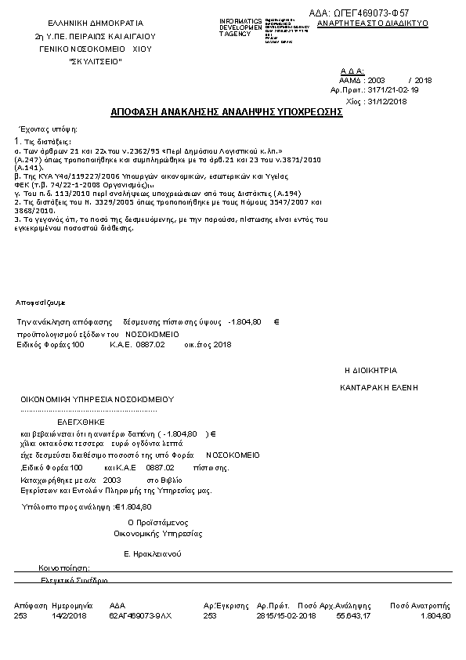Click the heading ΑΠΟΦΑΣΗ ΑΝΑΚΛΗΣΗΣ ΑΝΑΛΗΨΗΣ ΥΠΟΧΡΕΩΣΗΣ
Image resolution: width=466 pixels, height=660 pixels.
[x=232, y=112]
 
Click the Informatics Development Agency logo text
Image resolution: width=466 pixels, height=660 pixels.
[x=240, y=27]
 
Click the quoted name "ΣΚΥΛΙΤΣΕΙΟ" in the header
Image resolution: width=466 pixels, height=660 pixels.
[x=96, y=60]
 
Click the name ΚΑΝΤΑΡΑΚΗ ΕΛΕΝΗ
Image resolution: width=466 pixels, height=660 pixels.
[x=379, y=387]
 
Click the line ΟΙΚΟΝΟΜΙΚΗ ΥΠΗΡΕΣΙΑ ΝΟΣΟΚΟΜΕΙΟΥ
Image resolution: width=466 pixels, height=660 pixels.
[x=97, y=399]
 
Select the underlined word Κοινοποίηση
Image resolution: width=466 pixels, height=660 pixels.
[x=65, y=567]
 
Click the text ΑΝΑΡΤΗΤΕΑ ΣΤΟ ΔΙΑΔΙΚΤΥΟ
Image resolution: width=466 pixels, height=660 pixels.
[x=371, y=24]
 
